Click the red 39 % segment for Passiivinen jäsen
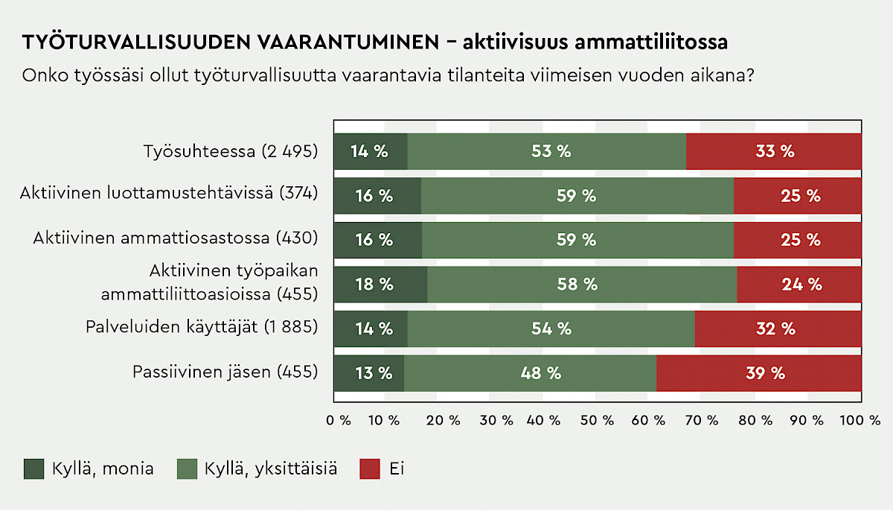(x=759, y=373)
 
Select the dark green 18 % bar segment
(x=380, y=284)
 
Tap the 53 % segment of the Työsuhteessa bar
(x=547, y=151)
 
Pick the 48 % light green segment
(x=530, y=373)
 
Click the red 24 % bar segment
(x=799, y=284)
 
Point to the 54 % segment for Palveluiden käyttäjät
(x=551, y=329)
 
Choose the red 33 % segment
(x=774, y=151)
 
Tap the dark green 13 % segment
(x=369, y=373)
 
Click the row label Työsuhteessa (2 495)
(x=231, y=151)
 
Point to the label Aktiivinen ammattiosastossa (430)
(x=176, y=238)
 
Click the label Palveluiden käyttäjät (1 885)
(x=202, y=327)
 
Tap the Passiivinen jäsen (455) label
(x=225, y=372)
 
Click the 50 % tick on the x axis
(x=597, y=419)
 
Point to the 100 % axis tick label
(x=860, y=419)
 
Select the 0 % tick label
(x=339, y=419)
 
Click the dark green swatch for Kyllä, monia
(x=34, y=469)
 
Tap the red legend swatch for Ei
(x=370, y=469)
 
